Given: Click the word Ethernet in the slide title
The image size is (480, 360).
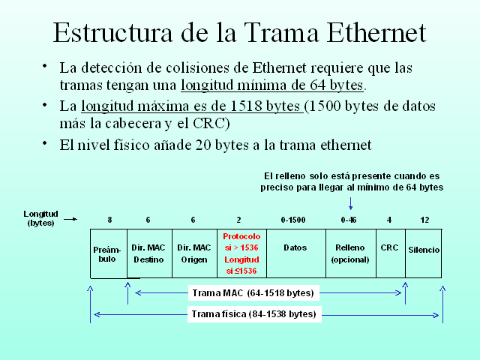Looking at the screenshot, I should pos(376,33).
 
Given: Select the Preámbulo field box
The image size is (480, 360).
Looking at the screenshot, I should pos(108,253).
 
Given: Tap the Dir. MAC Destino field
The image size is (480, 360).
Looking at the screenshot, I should pos(148,253).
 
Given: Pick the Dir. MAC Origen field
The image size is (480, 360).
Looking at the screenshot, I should pos(193,253).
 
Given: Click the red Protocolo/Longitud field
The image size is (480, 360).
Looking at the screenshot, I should pos(241,253).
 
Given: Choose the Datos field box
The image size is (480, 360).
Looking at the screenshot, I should pos(295,253).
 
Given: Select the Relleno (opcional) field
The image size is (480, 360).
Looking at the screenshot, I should pos(350,253).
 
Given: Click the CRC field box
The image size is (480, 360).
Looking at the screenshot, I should pos(389,253).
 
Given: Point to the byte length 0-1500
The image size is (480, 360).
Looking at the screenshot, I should pos(294,220).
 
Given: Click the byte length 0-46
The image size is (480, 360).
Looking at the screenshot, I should pos(349,220).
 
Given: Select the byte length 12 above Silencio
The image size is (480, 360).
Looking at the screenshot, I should pos(425,220).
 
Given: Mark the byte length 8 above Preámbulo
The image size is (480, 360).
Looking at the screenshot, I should pos(109,220).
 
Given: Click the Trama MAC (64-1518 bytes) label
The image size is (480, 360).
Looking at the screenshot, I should pos(253,292).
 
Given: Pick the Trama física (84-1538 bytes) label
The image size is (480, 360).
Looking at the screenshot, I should pos(254,314).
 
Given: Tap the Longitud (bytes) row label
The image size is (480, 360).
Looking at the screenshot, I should pos(40,218).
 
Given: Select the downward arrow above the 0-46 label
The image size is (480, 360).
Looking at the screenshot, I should pos(350,202).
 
